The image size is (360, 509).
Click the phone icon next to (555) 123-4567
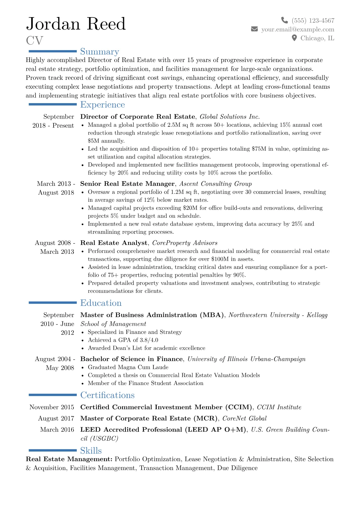(x=284, y=20)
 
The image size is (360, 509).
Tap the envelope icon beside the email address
(x=254, y=29)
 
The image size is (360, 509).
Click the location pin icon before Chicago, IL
(x=294, y=38)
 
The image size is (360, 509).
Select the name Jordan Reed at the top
(x=76, y=24)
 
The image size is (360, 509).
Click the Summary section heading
(x=100, y=52)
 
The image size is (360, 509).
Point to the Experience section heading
(x=103, y=105)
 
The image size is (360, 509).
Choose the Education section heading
(x=101, y=303)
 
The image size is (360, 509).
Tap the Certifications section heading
(x=107, y=395)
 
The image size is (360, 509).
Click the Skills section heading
(x=91, y=451)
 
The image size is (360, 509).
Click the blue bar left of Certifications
(x=53, y=395)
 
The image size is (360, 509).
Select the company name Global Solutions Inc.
(x=230, y=117)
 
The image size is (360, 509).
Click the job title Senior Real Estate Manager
(x=127, y=184)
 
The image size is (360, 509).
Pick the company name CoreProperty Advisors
(x=185, y=243)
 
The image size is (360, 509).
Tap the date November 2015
(x=52, y=407)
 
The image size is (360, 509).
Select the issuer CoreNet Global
(x=244, y=419)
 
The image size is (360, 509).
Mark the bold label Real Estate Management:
(x=69, y=459)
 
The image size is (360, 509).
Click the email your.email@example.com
(x=298, y=29)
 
